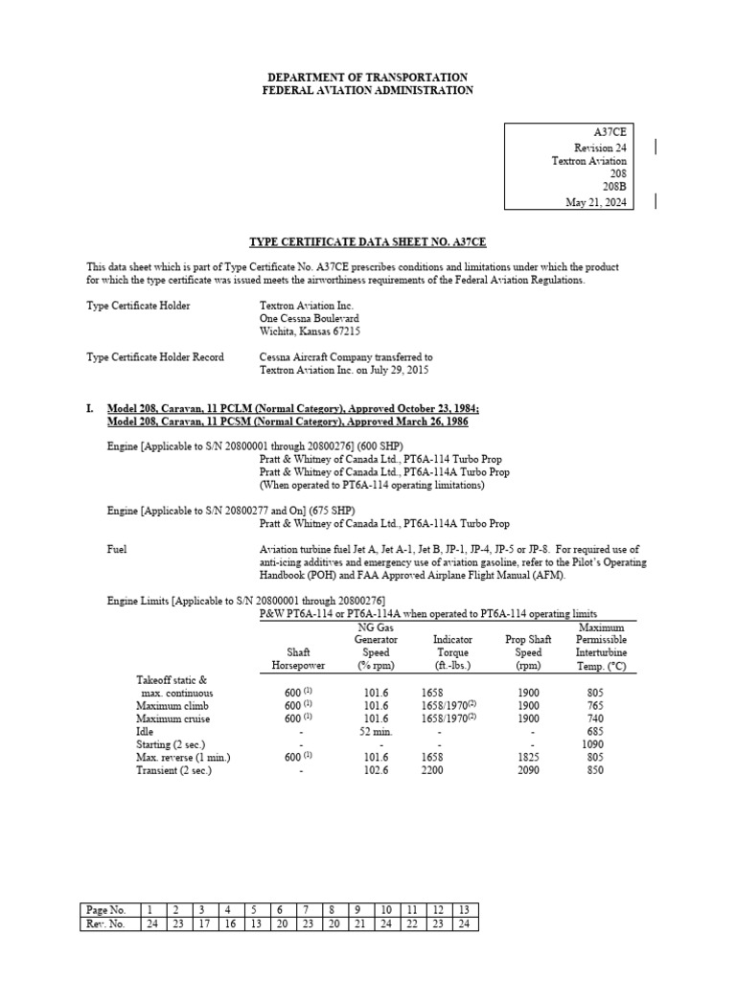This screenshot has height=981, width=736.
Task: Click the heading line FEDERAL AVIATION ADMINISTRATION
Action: (x=368, y=90)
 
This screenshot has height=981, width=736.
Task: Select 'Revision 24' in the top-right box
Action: (x=600, y=147)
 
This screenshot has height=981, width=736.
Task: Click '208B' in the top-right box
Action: (x=613, y=188)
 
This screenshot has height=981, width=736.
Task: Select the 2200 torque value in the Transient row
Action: (x=433, y=771)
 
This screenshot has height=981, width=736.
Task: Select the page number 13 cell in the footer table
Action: (x=464, y=909)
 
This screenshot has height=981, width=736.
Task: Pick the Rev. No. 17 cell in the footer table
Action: (x=202, y=924)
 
